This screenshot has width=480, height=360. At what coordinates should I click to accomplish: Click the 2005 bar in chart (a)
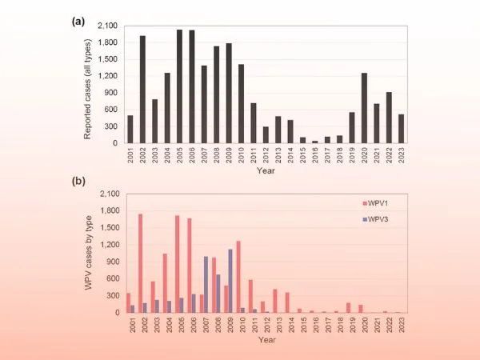(x=179, y=86)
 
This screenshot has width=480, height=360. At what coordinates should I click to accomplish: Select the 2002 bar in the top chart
(x=142, y=90)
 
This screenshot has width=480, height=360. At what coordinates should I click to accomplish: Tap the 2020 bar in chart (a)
(x=363, y=108)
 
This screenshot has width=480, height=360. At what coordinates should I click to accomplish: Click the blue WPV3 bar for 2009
(x=230, y=281)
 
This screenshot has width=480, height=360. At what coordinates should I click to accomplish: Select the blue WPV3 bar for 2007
(x=206, y=284)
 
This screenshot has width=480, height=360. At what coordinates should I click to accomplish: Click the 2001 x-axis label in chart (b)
(x=130, y=325)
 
